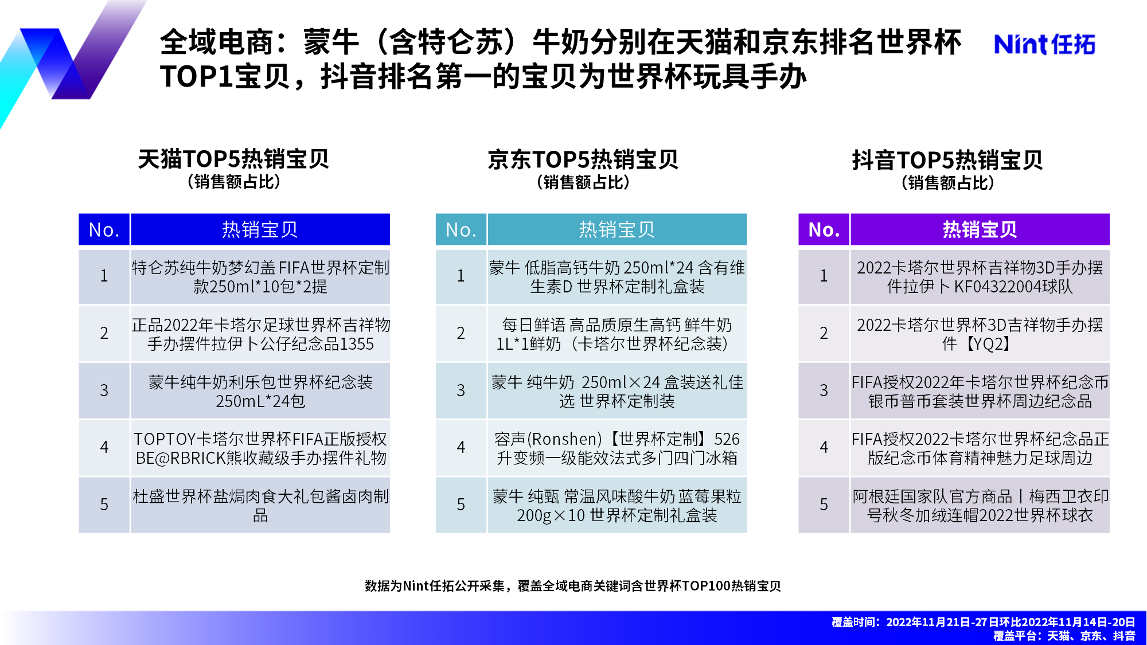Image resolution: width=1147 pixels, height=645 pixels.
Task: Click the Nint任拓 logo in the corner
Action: click(1044, 44)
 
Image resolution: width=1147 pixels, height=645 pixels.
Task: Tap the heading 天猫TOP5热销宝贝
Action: click(233, 159)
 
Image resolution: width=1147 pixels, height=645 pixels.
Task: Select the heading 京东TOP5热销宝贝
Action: click(583, 159)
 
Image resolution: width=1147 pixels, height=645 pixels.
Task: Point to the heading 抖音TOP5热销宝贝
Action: click(947, 160)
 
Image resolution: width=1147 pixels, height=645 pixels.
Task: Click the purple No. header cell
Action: click(824, 229)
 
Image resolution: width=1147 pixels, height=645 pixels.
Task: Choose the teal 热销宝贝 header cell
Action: click(617, 229)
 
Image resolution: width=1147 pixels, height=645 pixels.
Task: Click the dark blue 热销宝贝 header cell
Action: click(260, 229)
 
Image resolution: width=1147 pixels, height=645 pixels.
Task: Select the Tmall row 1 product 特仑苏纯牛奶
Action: click(260, 276)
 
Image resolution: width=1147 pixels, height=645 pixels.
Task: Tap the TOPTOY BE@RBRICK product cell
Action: click(260, 448)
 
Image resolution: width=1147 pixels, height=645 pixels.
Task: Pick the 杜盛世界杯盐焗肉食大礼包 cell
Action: click(260, 505)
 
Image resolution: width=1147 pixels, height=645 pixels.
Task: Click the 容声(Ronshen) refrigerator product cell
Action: click(617, 448)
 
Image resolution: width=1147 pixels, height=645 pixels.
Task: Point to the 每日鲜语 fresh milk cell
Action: click(617, 334)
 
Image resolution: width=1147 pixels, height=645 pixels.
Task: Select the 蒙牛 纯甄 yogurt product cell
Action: click(617, 505)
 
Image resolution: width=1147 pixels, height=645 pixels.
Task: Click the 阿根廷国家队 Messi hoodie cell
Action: click(980, 505)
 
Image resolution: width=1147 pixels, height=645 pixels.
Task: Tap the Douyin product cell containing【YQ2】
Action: click(980, 334)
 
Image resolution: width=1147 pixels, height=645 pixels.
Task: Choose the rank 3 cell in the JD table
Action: click(461, 390)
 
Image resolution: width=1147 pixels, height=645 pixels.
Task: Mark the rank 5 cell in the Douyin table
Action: click(824, 505)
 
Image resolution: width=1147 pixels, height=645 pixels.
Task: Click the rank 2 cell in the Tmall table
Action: click(104, 334)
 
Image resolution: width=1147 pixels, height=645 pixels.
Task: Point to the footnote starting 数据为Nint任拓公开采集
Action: click(573, 585)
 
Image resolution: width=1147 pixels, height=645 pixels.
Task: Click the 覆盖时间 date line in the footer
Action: click(983, 622)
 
